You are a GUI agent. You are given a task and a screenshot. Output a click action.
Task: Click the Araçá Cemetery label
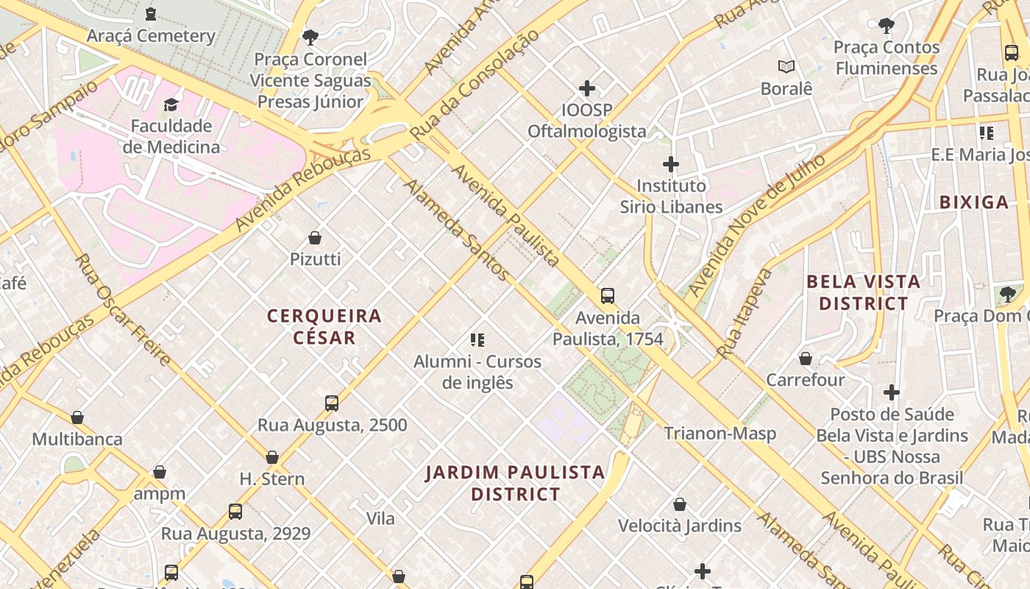[x=151, y=35]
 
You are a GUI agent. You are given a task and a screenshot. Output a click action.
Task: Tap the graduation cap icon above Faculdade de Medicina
[x=171, y=105]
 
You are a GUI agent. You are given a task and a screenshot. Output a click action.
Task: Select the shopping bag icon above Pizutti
[x=315, y=238]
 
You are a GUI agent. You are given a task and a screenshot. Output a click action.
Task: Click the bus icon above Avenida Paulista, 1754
[x=608, y=296]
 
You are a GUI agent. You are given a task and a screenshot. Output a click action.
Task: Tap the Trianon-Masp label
[x=720, y=434]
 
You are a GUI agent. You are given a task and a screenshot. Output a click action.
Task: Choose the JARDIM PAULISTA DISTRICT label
[x=516, y=483]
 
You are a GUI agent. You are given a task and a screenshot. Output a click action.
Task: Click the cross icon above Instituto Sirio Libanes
[x=671, y=164]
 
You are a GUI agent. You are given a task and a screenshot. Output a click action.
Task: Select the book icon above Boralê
[x=786, y=67]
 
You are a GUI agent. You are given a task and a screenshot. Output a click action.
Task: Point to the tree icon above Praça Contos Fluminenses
[x=887, y=26]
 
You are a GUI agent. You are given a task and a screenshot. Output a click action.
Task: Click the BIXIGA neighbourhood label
[x=973, y=202]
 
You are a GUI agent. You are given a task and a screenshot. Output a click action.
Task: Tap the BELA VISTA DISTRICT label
[x=864, y=292]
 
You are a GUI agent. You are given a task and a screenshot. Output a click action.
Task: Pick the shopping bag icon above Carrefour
[x=806, y=359]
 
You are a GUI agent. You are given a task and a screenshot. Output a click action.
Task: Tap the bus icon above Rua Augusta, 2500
[x=332, y=403]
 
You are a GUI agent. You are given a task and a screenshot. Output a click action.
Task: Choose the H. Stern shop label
[x=272, y=479]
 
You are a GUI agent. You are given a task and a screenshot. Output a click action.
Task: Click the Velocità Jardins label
[x=680, y=526]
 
